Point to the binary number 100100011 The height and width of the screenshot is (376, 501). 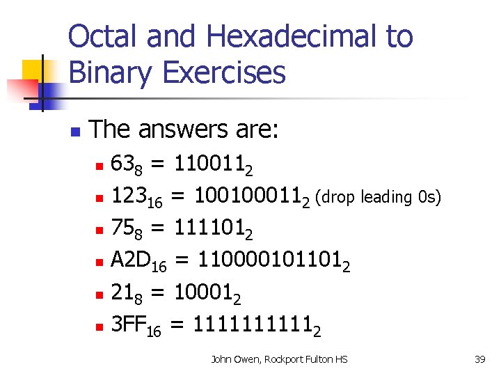click(x=252, y=197)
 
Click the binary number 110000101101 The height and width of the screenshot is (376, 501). click(x=272, y=261)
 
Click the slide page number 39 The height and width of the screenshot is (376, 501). click(x=479, y=359)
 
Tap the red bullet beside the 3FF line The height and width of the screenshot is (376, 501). click(x=100, y=327)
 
